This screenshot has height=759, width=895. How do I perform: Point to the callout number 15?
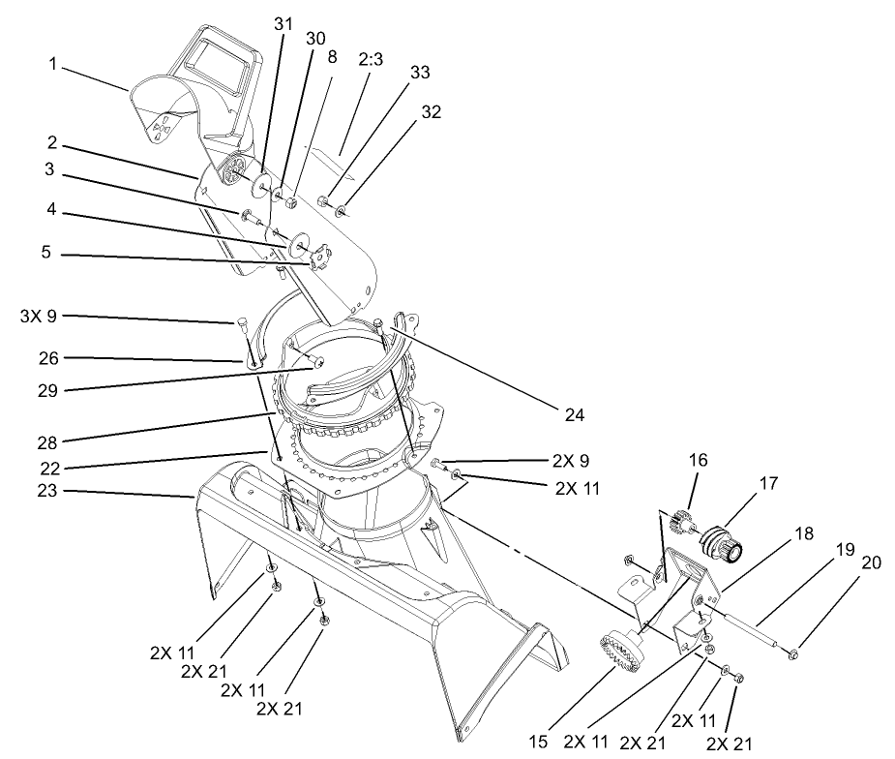click(538, 740)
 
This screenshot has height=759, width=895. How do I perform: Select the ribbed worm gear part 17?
click(726, 543)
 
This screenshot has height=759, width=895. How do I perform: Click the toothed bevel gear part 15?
click(619, 653)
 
